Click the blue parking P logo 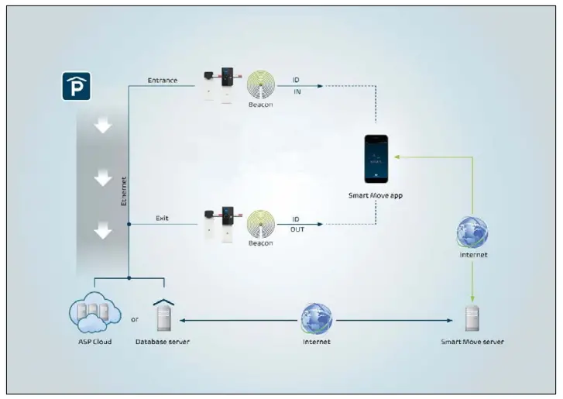[x=75, y=87]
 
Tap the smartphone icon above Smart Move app [x=376, y=159]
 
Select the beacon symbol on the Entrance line [x=263, y=85]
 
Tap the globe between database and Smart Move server [x=317, y=318]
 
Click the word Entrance [x=163, y=79]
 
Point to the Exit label [x=161, y=218]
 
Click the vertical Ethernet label [x=124, y=190]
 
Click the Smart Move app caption [x=376, y=196]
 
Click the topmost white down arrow [x=103, y=127]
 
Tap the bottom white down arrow [x=103, y=231]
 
